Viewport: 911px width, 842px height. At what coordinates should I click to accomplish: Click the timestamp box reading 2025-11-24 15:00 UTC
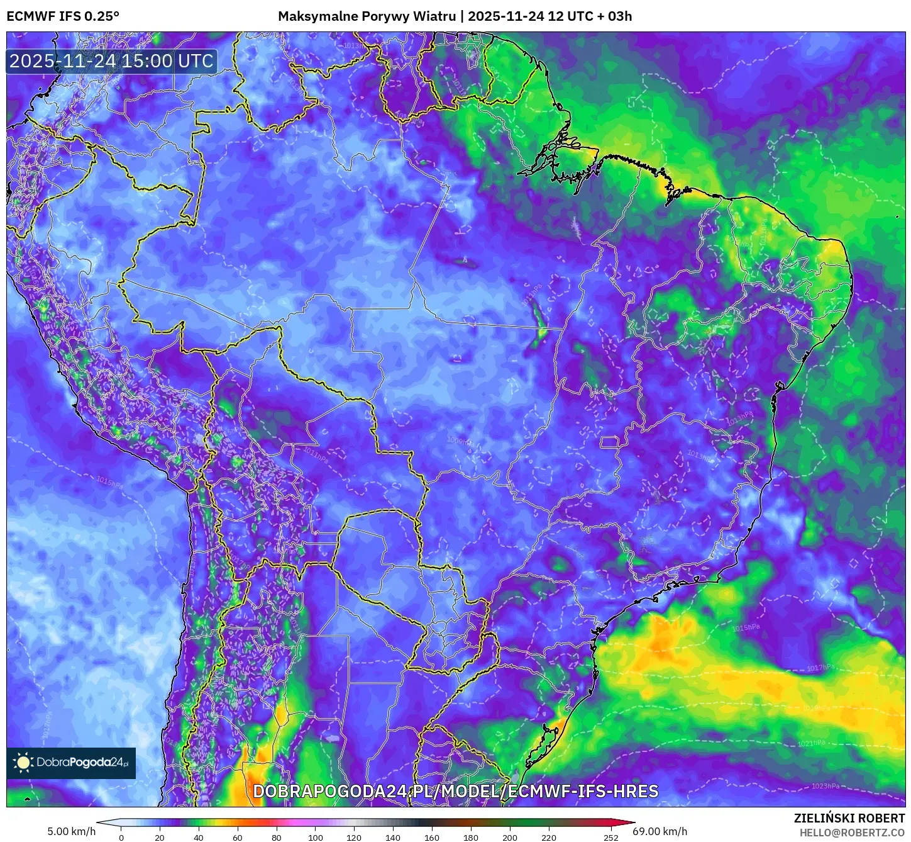(111, 61)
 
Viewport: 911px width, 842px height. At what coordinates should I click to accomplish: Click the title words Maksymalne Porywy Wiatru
(367, 16)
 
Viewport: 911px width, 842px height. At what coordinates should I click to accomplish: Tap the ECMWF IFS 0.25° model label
(62, 16)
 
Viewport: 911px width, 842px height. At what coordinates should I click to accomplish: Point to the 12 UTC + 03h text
(590, 16)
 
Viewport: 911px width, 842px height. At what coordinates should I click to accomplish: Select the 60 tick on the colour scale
(237, 837)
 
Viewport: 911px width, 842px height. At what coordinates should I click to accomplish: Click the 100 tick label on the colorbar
(315, 837)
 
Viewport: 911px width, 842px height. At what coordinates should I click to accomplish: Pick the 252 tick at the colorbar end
(610, 837)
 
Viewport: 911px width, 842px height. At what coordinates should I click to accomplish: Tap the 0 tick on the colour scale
(121, 837)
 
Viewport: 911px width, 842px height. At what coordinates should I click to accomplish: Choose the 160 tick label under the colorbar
(431, 837)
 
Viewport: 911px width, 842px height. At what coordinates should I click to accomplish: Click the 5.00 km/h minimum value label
(71, 831)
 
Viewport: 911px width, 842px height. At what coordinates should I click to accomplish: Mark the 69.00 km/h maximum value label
(660, 831)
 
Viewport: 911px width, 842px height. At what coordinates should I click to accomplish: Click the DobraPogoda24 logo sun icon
(23, 763)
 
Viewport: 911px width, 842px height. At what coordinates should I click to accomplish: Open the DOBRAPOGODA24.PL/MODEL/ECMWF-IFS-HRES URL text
(455, 791)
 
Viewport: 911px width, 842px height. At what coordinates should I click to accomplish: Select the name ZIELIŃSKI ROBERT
(849, 818)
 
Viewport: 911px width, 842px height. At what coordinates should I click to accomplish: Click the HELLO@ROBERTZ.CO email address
(852, 833)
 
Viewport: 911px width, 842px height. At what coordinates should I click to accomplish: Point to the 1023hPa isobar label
(825, 786)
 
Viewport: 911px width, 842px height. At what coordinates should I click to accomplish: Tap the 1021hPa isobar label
(811, 743)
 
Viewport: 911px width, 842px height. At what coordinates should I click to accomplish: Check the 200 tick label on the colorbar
(509, 837)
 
